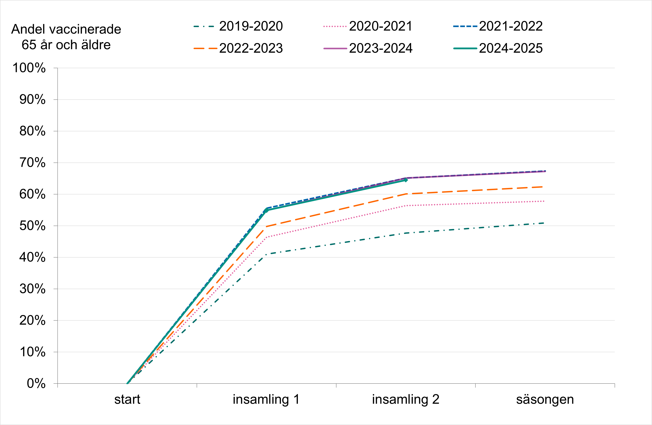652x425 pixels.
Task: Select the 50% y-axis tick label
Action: (32, 226)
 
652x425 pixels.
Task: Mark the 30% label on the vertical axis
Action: (32, 289)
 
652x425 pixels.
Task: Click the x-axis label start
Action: (127, 399)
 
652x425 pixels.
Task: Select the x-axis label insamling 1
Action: (266, 399)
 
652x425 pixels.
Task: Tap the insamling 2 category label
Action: (406, 399)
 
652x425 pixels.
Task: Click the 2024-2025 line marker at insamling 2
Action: (406, 180)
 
